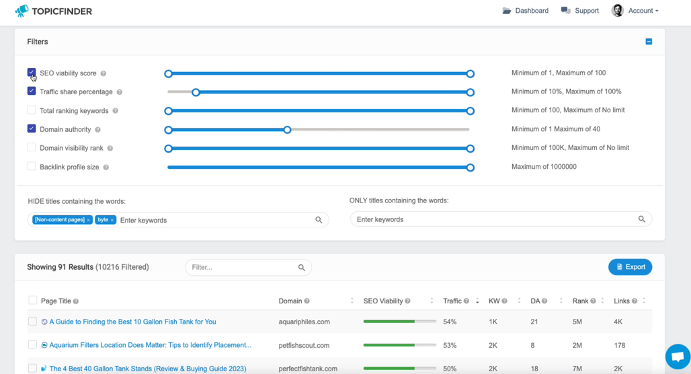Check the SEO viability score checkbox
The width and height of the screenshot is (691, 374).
point(32,73)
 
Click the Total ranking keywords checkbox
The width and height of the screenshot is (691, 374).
point(32,110)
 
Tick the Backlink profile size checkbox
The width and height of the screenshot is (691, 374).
point(32,166)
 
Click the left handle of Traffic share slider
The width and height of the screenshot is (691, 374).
point(196,92)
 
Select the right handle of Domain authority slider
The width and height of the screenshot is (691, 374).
point(287,130)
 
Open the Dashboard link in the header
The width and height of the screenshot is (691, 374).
point(525,11)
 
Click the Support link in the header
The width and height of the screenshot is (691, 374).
point(580,11)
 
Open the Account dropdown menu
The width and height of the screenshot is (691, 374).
point(635,11)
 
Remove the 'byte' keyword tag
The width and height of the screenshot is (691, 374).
point(112,220)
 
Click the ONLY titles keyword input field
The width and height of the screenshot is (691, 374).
point(496,219)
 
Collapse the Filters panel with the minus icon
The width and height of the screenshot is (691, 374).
point(649,42)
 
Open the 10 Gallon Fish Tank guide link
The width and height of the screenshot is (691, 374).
point(132,322)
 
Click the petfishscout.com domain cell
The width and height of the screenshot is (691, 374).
point(304,345)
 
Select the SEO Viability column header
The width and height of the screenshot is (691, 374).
point(382,301)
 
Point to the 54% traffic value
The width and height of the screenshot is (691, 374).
point(450,322)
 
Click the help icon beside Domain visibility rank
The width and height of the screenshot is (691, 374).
point(110,148)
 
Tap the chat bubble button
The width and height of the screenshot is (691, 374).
point(678,357)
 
